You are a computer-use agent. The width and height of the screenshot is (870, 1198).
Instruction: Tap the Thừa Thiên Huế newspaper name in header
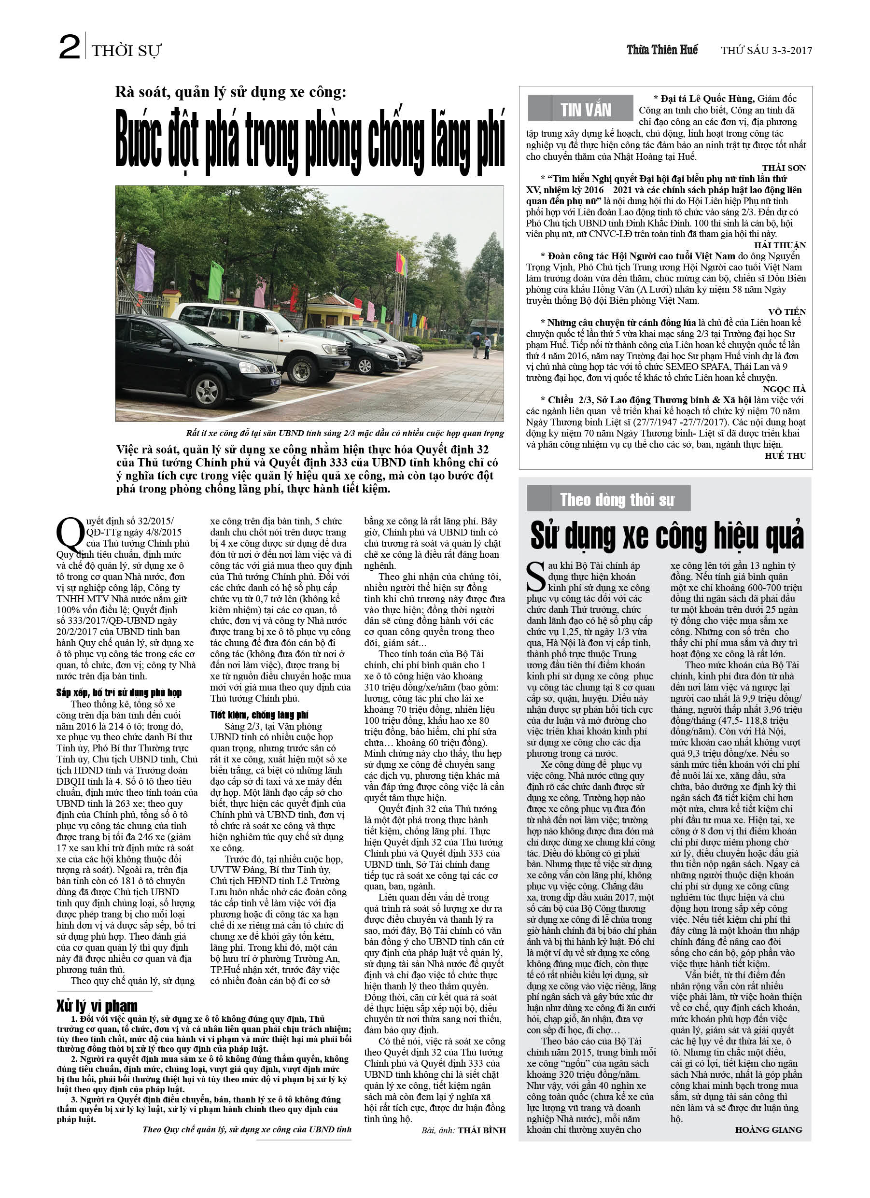[x=662, y=50]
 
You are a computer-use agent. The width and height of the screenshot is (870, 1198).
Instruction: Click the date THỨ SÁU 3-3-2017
[x=766, y=51]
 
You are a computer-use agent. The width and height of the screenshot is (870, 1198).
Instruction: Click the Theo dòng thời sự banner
[x=617, y=499]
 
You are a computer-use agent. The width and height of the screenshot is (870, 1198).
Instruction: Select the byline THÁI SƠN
[x=784, y=168]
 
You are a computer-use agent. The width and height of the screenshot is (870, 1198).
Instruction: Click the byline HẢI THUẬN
[x=780, y=245]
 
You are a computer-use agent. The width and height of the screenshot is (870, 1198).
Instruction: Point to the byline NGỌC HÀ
[x=784, y=389]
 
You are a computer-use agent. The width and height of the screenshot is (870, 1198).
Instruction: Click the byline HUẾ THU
[x=785, y=456]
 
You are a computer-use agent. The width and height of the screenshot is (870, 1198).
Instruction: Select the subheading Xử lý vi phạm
[x=97, y=1006]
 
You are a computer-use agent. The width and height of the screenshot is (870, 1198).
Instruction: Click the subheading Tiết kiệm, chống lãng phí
[x=259, y=715]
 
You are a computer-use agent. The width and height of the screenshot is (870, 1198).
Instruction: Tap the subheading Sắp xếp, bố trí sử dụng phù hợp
[x=119, y=693]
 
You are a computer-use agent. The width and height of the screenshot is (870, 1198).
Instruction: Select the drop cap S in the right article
[x=536, y=577]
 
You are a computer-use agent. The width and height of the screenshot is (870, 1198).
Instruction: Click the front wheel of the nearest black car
[x=207, y=392]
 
